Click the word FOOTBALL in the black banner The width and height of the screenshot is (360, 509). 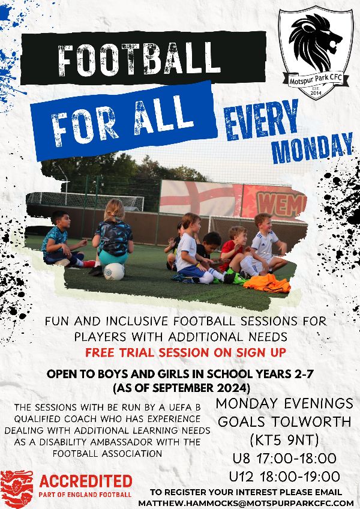tap(139, 59)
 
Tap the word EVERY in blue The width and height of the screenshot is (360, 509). tap(262, 119)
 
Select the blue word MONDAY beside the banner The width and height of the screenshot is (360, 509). tap(312, 148)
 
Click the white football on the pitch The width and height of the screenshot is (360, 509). tap(114, 271)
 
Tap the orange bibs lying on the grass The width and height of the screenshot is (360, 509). tap(267, 283)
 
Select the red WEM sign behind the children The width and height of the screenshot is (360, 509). tap(274, 202)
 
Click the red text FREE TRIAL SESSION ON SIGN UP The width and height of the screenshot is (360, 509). tap(185, 352)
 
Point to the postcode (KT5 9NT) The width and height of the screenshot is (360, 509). tap(284, 440)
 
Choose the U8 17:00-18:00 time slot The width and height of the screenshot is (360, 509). tap(284, 459)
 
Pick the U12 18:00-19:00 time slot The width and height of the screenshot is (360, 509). tap(284, 477)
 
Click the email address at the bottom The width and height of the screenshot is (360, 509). tap(246, 503)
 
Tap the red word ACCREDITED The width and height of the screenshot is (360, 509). tap(86, 481)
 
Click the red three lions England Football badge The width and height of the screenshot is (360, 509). tap(17, 489)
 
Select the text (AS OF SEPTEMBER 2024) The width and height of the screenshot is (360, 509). tap(181, 388)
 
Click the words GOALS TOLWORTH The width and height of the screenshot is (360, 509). tap(284, 422)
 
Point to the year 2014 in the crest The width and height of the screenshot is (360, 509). tap(316, 94)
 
